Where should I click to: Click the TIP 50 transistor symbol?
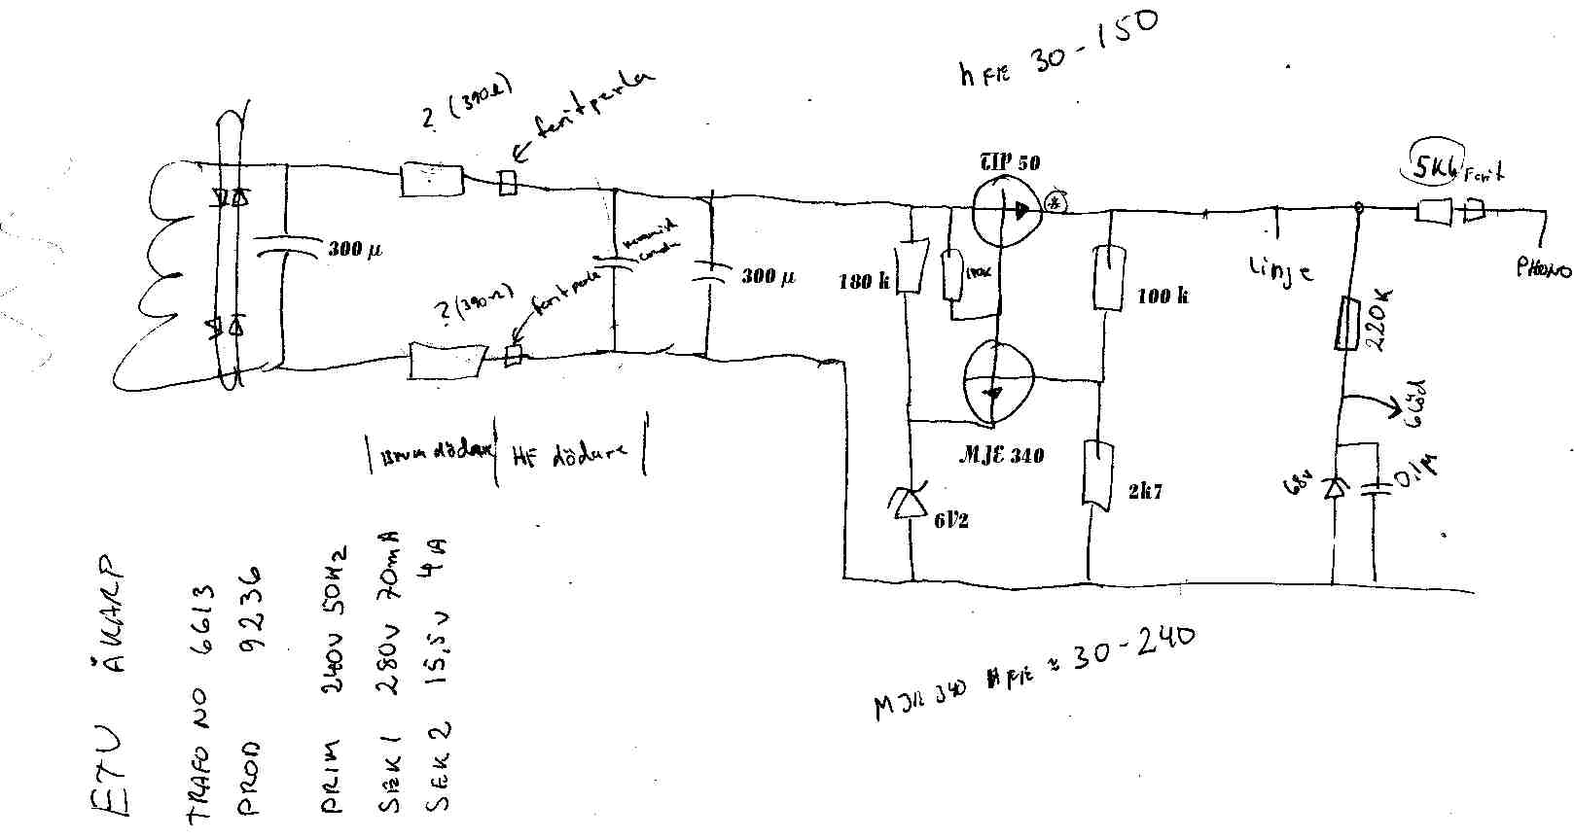pos(1006,211)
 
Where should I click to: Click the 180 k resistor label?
pos(864,283)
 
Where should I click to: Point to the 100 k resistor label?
pos(1163,296)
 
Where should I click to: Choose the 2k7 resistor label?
pos(1145,492)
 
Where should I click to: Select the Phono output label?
pos(1542,267)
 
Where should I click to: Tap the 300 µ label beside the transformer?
pos(354,250)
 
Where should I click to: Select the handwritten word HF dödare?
pos(569,455)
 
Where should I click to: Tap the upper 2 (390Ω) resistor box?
pos(433,181)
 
